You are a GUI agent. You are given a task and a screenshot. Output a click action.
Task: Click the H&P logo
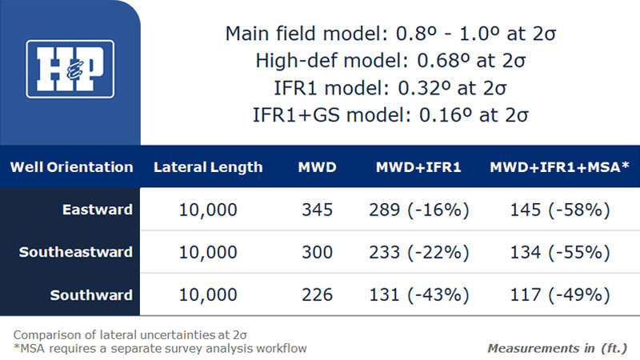[x=70, y=69]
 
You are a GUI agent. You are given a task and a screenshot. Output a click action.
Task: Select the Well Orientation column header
[x=72, y=167]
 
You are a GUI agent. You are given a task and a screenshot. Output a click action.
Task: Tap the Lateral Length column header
[x=208, y=167]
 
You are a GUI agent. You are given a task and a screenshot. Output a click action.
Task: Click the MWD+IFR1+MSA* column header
[x=559, y=167]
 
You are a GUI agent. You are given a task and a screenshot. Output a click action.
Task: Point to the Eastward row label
[x=98, y=210]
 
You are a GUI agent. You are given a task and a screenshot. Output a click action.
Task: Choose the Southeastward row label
[x=76, y=252]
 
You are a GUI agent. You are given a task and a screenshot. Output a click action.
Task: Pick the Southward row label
[x=91, y=294]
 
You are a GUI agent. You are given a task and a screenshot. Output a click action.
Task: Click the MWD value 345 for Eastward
[x=317, y=210]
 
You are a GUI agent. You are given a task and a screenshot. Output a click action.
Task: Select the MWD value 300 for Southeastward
[x=317, y=252]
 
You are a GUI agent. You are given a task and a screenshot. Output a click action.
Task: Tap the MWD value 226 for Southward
[x=317, y=294]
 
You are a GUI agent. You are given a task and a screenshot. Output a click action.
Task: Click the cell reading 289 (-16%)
[x=419, y=210]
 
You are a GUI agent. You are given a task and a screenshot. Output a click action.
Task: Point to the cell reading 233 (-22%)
[x=419, y=252]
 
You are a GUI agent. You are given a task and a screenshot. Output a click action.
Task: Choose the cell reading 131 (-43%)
[x=419, y=294]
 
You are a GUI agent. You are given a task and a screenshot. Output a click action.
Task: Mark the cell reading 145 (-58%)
[x=560, y=210]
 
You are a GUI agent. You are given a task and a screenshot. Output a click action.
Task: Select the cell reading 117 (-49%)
[x=560, y=294]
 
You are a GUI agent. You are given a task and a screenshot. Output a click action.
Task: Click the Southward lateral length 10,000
[x=208, y=295]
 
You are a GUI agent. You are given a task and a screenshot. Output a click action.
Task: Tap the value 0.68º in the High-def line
[x=443, y=61]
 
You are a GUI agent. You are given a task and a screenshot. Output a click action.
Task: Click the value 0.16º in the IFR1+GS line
[x=446, y=115]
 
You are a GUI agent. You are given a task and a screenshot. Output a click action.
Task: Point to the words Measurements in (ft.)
[x=557, y=348]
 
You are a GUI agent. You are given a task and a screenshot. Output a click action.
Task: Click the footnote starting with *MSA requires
[x=160, y=348]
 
